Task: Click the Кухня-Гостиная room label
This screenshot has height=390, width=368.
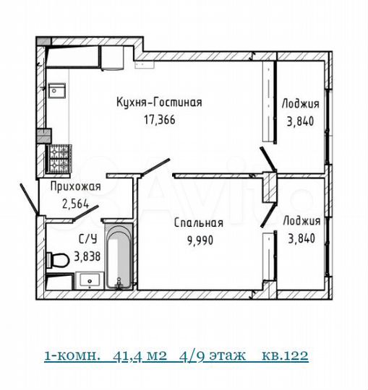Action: coord(159,103)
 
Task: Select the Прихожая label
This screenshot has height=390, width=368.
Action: coord(74,187)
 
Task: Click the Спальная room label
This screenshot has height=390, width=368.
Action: coord(197,223)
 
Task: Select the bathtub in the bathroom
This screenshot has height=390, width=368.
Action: coord(119,259)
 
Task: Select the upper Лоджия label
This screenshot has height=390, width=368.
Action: coord(301,103)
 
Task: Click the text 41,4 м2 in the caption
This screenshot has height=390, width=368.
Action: coord(145,355)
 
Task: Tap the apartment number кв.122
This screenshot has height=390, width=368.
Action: coord(284,355)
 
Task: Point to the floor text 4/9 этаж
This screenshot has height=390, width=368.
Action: coord(214,355)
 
